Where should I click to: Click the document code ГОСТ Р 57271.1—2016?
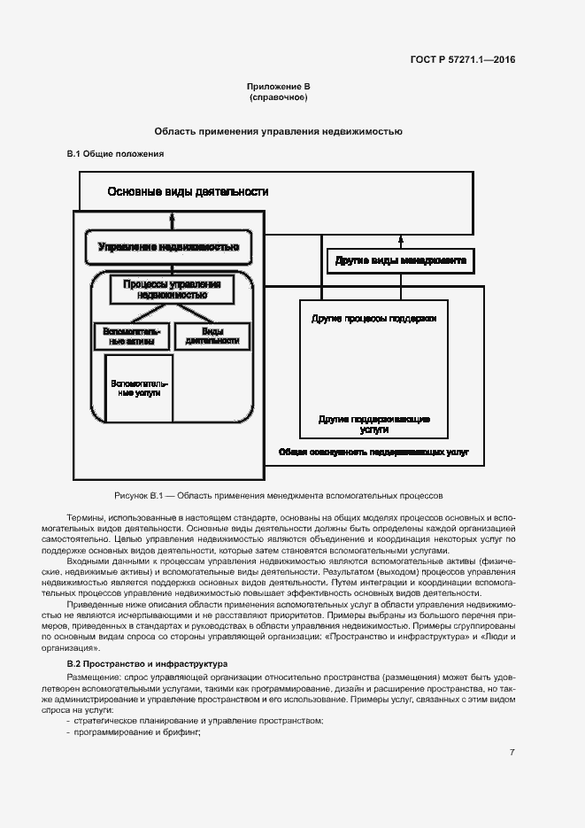[463, 60]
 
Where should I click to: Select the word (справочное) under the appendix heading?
[278, 97]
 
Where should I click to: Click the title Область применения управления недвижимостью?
[278, 131]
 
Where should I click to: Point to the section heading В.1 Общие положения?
[116, 154]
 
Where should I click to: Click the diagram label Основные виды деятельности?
[188, 191]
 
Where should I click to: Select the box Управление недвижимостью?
[168, 246]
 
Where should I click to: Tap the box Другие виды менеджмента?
[401, 260]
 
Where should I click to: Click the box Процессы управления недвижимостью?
[172, 290]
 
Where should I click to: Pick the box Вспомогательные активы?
[129, 336]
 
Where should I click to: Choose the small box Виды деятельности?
[212, 336]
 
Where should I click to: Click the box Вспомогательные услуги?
[136, 387]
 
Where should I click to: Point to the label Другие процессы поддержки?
[373, 316]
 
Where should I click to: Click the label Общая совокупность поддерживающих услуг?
[373, 452]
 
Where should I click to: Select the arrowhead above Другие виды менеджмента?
[401, 238]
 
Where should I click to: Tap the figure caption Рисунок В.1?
[278, 495]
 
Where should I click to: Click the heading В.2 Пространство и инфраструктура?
[135, 663]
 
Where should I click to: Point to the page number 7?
[512, 753]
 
